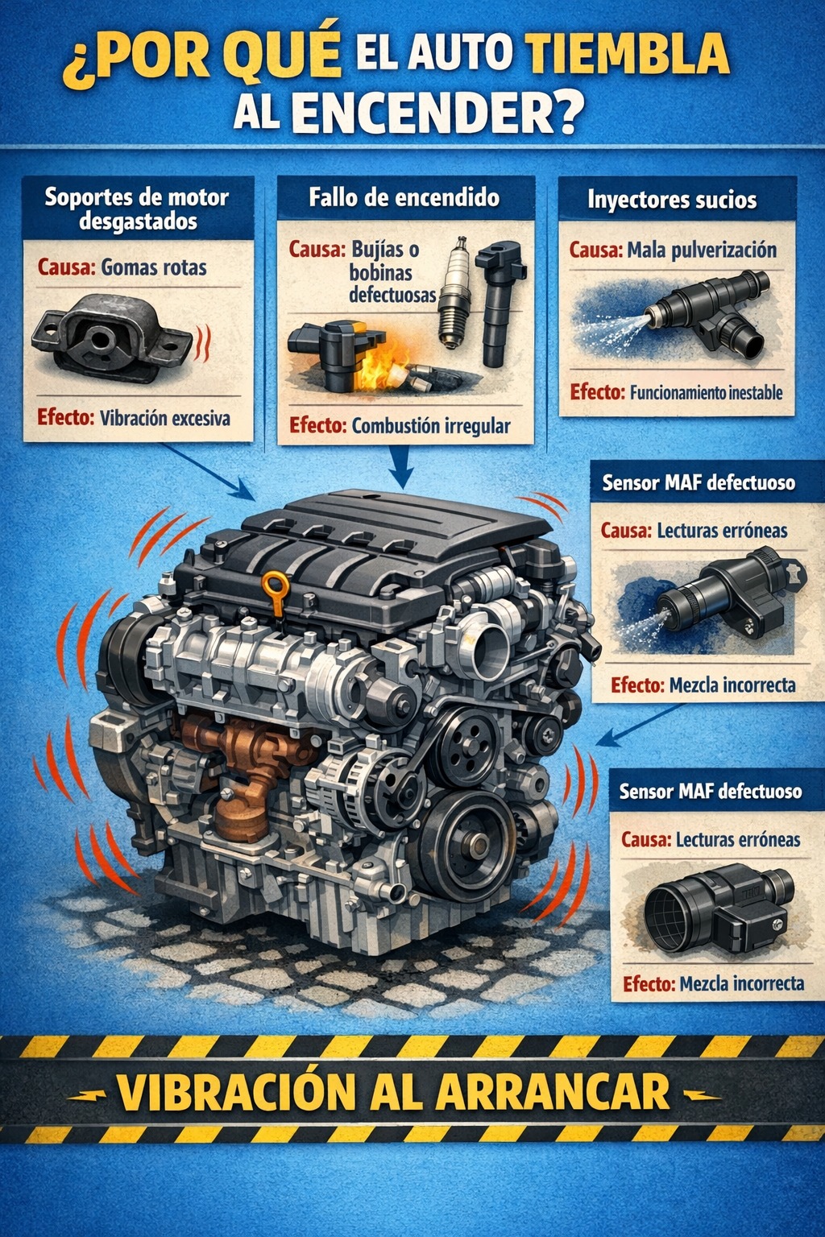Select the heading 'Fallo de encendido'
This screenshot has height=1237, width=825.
(x=404, y=197)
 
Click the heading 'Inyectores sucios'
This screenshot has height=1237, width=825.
(x=672, y=200)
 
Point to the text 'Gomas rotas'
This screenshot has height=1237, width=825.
(x=154, y=268)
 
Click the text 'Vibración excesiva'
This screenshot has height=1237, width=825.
(x=164, y=418)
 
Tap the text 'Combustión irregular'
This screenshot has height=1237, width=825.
(x=431, y=426)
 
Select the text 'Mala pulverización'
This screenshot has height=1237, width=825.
(x=702, y=250)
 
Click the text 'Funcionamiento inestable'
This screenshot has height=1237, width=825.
(x=707, y=393)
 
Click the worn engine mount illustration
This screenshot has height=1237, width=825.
(x=114, y=338)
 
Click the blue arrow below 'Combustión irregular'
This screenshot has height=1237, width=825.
(x=402, y=466)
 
